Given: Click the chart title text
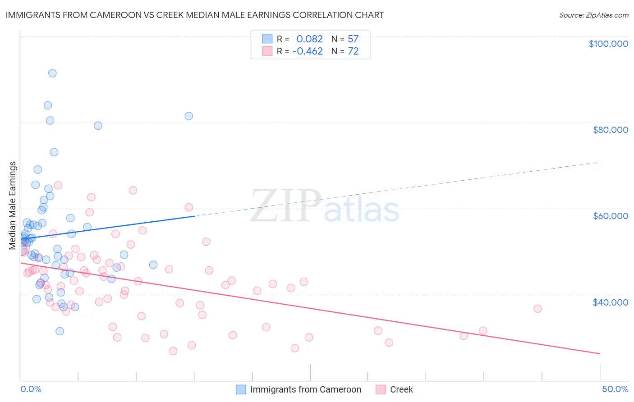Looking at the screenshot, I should point(194,15).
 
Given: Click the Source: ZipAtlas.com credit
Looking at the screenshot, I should point(593,15).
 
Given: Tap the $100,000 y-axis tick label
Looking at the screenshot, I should point(608,44).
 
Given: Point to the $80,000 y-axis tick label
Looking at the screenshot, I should point(610,130).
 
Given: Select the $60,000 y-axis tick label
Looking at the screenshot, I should point(610,216).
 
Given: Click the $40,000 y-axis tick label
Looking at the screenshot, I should point(610,302).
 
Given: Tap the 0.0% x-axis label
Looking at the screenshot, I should point(31,389).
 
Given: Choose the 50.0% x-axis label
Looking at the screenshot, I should point(615,389).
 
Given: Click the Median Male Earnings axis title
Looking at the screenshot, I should point(13,206).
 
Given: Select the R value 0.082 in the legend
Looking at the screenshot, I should point(309,39).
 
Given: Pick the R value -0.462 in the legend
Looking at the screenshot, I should point(308,51).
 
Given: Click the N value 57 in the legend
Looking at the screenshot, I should point(353,39).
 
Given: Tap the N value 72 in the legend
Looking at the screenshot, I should point(353,51).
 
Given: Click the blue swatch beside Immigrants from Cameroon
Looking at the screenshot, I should point(241,389).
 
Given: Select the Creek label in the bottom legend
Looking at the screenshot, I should point(401,389).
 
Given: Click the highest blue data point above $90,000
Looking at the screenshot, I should point(52,73).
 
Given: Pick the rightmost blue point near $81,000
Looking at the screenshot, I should point(189,116).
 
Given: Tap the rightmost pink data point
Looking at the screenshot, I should point(538,309).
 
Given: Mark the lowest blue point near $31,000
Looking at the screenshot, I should point(60,331).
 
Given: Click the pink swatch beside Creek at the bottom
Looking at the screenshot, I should point(381,389).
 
